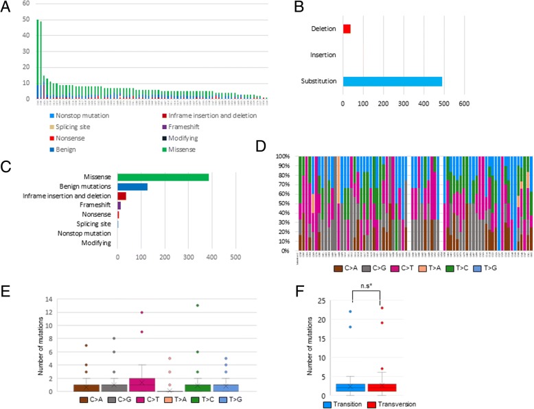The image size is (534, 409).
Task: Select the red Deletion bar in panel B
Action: (x=347, y=29)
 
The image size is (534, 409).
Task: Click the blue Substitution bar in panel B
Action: (x=392, y=82)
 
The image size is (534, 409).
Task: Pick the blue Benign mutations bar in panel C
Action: (x=132, y=187)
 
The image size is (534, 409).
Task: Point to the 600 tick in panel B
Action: (x=464, y=104)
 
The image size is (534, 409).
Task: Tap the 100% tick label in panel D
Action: (x=283, y=156)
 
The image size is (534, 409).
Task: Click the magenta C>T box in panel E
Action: (x=139, y=384)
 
